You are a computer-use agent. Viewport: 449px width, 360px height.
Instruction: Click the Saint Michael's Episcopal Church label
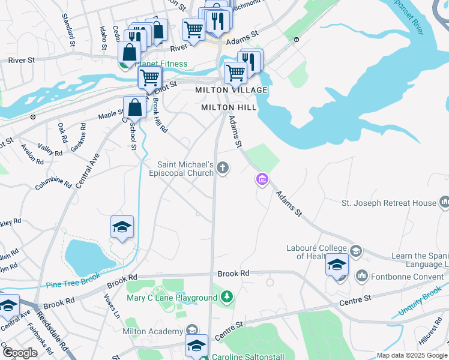click(x=185, y=169)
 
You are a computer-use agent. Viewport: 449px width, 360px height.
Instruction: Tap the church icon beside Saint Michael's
click(x=223, y=167)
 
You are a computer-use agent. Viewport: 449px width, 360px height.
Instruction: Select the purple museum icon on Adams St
click(x=262, y=179)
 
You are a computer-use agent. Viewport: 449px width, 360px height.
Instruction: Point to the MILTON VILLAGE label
click(x=231, y=90)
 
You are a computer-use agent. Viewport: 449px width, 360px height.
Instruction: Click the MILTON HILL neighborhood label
click(x=229, y=107)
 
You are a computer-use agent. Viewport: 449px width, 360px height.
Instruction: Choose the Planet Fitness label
click(x=161, y=64)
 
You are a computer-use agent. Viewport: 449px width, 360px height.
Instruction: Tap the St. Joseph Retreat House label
click(x=388, y=203)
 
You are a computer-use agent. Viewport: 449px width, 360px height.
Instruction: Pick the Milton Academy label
click(x=152, y=331)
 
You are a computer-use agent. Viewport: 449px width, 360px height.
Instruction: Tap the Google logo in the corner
click(x=19, y=352)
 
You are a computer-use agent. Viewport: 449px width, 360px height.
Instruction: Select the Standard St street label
click(x=68, y=29)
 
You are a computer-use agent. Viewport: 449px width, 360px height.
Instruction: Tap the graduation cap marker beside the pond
click(x=122, y=228)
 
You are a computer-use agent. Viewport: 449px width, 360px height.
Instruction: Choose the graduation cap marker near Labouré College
click(x=337, y=265)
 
